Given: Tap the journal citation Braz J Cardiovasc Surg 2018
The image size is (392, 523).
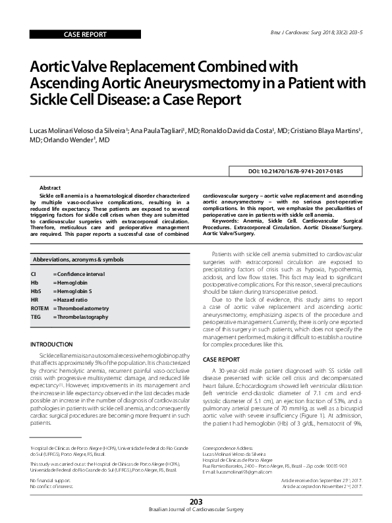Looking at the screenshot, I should click(323, 32).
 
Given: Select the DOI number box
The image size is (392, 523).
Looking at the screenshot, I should click(294, 171).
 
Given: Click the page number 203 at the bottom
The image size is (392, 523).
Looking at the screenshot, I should click(195, 502).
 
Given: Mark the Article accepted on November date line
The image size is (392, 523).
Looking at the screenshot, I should click(321, 468).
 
